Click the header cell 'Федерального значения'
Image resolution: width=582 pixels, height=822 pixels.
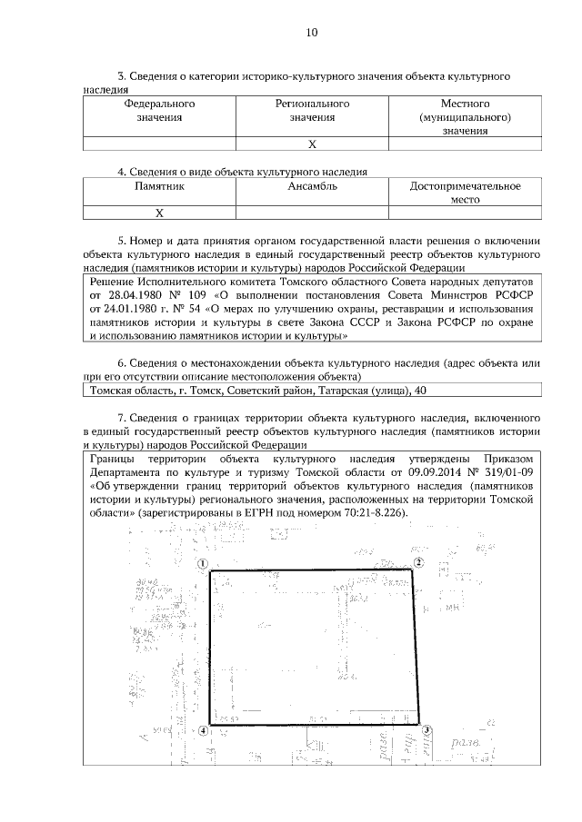(159, 110)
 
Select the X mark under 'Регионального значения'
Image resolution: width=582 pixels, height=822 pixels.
(312, 144)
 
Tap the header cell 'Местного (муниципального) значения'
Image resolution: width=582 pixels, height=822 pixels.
(465, 117)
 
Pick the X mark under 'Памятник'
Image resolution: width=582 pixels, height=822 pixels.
(159, 213)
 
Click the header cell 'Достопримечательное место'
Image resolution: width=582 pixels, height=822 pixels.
(465, 193)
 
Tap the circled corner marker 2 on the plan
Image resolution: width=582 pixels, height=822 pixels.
(419, 563)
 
